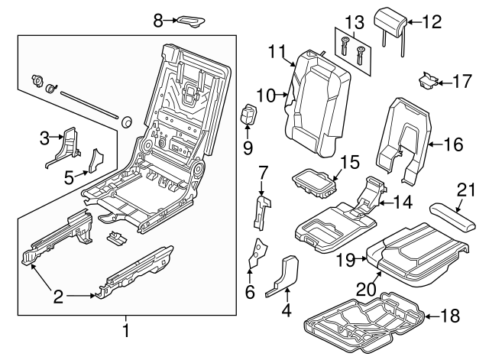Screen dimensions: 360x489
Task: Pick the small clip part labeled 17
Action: [428, 79]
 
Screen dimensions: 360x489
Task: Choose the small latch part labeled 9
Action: [250, 117]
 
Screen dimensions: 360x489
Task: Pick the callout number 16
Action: [453, 142]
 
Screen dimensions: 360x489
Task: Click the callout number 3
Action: [44, 138]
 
